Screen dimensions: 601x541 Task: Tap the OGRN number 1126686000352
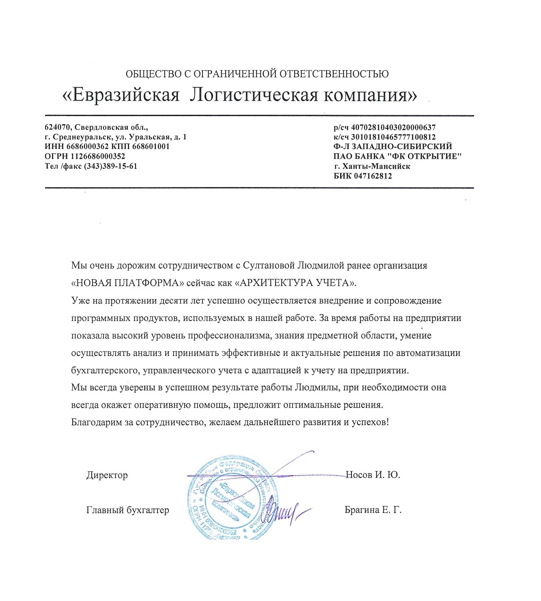[98, 156]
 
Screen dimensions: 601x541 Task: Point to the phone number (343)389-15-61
[110, 166]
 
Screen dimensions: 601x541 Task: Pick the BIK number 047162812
[373, 176]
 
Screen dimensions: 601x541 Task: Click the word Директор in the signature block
[107, 475]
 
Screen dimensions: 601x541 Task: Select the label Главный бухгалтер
[127, 510]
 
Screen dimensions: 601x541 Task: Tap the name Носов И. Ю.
[373, 475]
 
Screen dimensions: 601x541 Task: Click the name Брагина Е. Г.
[373, 510]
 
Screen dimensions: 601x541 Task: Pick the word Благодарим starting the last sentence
[96, 422]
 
